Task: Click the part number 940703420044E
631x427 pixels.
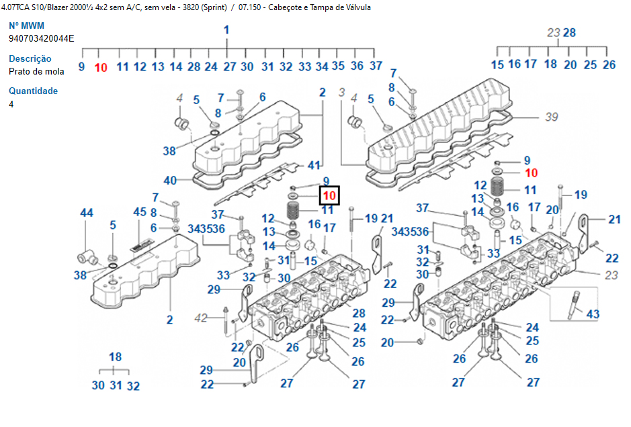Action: click(x=42, y=38)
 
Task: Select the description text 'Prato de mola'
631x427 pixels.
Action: click(x=36, y=71)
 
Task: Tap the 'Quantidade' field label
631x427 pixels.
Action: click(x=33, y=91)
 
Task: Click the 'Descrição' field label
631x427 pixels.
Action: click(x=30, y=59)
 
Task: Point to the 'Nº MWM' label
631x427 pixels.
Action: click(x=26, y=26)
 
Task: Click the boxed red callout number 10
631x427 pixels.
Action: click(x=329, y=195)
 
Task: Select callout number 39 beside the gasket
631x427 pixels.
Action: click(x=551, y=117)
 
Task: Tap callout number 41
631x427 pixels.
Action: click(x=314, y=165)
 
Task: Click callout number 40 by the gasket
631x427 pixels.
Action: click(x=170, y=180)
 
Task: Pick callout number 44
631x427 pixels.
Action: click(x=87, y=213)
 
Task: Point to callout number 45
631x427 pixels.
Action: click(x=139, y=212)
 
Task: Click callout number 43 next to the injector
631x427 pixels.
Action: click(x=592, y=314)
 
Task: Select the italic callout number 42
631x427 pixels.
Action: click(x=201, y=318)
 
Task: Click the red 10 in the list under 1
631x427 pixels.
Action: click(x=101, y=66)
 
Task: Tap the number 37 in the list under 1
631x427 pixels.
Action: click(x=376, y=66)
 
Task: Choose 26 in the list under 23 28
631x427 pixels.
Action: click(x=609, y=64)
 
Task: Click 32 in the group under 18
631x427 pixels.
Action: click(x=133, y=386)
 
